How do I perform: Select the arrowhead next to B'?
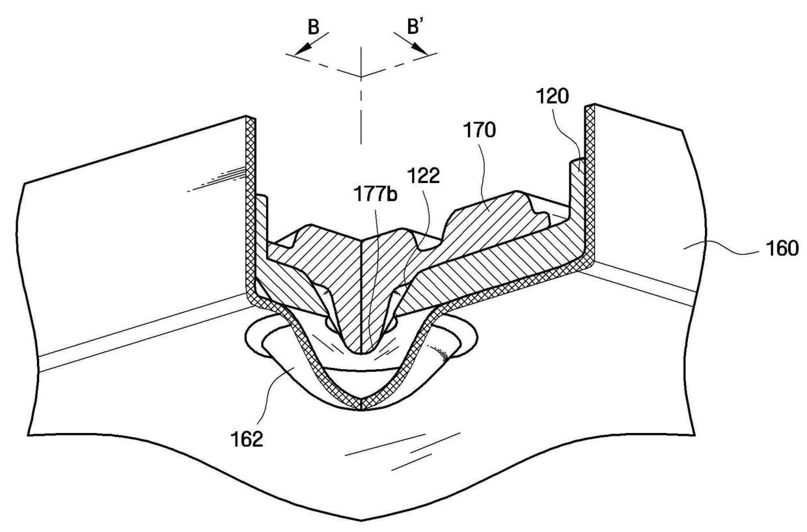coord(422,51)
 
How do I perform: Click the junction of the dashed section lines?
coord(361,77)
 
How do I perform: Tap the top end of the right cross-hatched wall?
coord(592,107)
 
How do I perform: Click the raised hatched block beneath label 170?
coord(495,208)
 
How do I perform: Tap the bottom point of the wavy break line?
coord(361,520)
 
